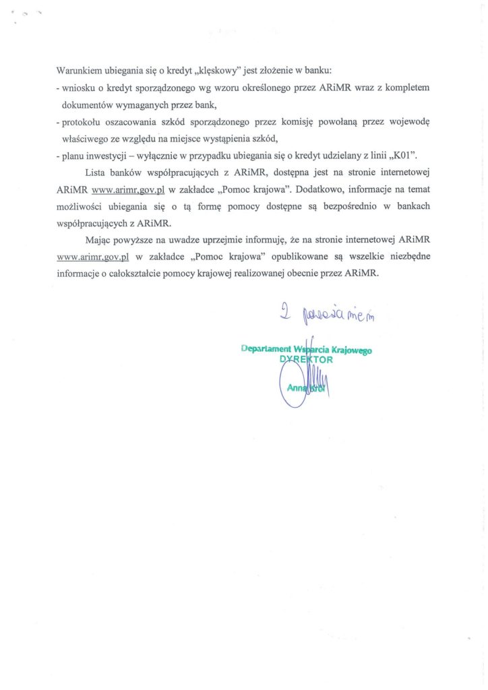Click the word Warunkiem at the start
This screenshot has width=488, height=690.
point(80,70)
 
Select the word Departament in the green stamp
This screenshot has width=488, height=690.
point(266,350)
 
